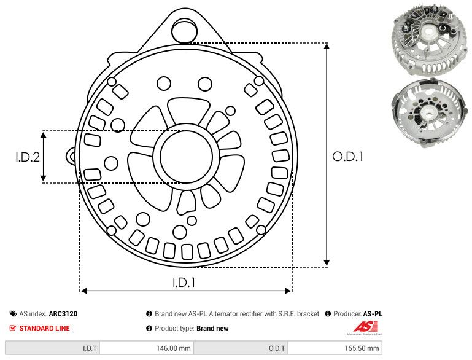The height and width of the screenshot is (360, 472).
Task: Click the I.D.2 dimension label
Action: (x=28, y=157)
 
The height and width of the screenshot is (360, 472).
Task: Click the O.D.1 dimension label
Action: (x=348, y=157)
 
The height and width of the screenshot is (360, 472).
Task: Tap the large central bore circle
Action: (x=183, y=157)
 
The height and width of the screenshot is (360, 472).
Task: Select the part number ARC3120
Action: (x=63, y=313)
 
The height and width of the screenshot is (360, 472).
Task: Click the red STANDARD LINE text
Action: (x=44, y=328)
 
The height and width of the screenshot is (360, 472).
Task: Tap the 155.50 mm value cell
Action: (x=334, y=348)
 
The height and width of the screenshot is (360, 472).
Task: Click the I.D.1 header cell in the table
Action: (x=52, y=348)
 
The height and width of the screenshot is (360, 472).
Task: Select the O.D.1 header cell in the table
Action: (x=241, y=348)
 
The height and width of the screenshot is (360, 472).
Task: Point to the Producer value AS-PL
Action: (x=372, y=313)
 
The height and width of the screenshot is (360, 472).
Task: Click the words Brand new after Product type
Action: (x=212, y=328)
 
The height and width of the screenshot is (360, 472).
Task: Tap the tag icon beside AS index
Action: (x=14, y=313)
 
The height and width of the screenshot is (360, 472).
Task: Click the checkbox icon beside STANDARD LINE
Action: (x=14, y=328)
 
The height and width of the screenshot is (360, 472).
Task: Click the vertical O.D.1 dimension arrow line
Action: (x=327, y=157)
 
